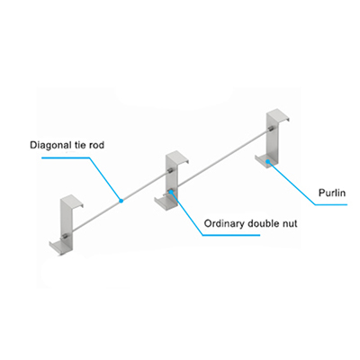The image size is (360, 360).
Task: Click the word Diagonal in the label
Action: (x=48, y=145)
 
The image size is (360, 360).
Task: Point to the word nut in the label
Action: (x=289, y=224)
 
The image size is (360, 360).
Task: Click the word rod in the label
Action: (x=96, y=145)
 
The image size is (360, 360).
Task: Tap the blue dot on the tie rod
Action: (x=121, y=201)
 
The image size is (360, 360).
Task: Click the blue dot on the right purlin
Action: (x=267, y=162)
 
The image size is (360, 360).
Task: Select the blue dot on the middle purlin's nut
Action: (x=171, y=191)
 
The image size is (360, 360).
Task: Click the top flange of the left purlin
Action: (x=73, y=200)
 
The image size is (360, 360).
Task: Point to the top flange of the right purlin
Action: (x=279, y=115)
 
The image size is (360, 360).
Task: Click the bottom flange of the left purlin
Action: (x=58, y=247)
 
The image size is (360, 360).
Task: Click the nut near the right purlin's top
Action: (x=270, y=130)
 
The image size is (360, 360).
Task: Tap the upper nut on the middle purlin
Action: (x=170, y=171)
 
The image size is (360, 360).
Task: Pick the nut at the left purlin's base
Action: (x=64, y=238)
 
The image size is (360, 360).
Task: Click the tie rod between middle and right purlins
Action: (x=221, y=161)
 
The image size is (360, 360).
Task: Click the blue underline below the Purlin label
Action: (x=331, y=204)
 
